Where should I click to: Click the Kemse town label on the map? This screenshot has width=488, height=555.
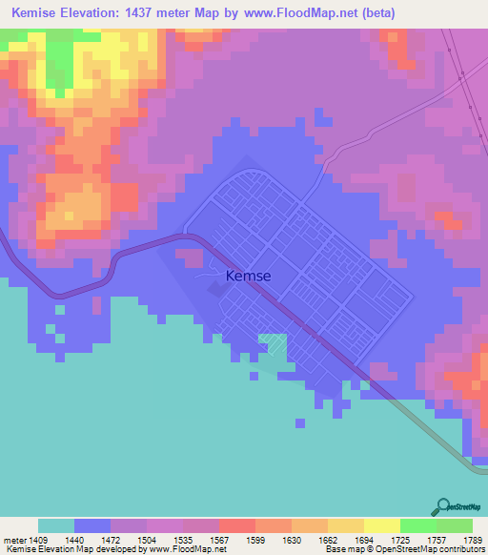(x=248, y=277)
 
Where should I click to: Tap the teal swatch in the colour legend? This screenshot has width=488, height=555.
(x=55, y=525)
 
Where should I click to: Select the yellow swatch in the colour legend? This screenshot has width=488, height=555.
(x=382, y=525)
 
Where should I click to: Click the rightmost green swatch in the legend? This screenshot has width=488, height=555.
(x=455, y=525)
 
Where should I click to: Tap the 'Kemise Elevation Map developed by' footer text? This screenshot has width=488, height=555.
(x=71, y=548)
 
